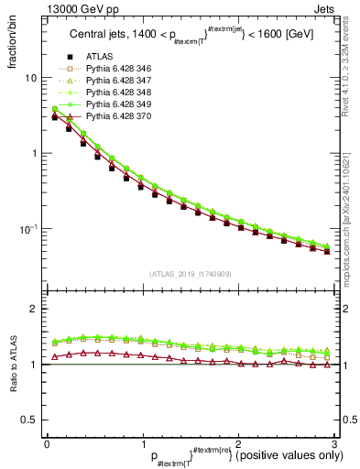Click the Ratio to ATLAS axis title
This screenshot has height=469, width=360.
pyautogui.click(x=11, y=365)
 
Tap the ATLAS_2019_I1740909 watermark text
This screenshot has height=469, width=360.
pyautogui.click(x=190, y=274)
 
